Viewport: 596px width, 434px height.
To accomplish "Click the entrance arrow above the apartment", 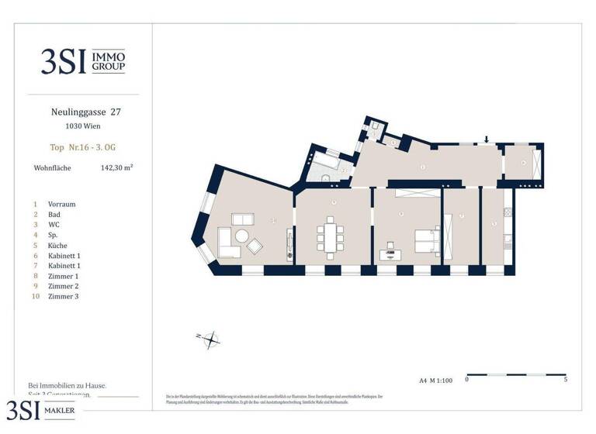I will point(487,139).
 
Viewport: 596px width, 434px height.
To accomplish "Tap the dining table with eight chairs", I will point(332,238).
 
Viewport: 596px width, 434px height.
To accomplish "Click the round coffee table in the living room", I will point(241,236).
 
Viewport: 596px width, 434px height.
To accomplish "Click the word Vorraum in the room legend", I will point(62,204).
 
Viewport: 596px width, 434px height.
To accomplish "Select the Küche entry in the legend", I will point(58,245).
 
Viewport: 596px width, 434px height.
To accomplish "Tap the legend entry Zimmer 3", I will point(64,296).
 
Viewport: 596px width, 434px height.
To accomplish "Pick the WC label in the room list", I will point(54,225).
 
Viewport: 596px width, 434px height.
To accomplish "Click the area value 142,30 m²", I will point(116,166).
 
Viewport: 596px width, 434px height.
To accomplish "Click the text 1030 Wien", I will point(82,126).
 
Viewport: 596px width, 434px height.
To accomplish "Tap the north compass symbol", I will point(210,337).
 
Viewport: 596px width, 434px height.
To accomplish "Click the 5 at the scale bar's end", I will point(565,380).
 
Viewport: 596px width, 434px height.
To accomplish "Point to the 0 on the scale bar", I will point(466,380).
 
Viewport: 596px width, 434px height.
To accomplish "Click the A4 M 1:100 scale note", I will point(436,380).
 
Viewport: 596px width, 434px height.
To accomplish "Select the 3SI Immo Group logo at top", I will point(83,61).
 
